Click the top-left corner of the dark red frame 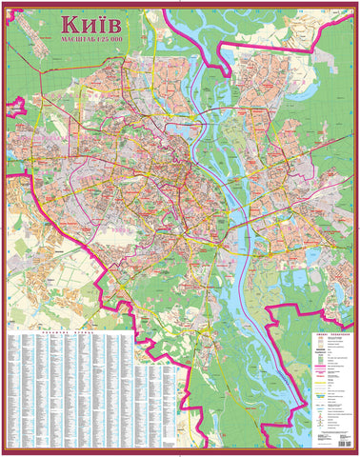4,4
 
